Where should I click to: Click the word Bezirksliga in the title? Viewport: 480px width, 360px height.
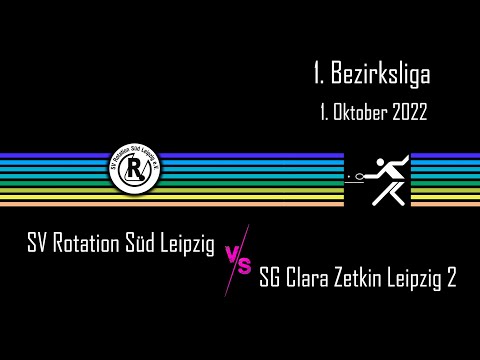(x=385, y=73)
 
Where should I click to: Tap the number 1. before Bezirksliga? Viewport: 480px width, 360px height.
(x=320, y=73)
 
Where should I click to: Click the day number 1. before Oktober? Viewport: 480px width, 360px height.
(x=324, y=112)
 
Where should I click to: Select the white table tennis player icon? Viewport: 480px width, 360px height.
(x=377, y=180)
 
